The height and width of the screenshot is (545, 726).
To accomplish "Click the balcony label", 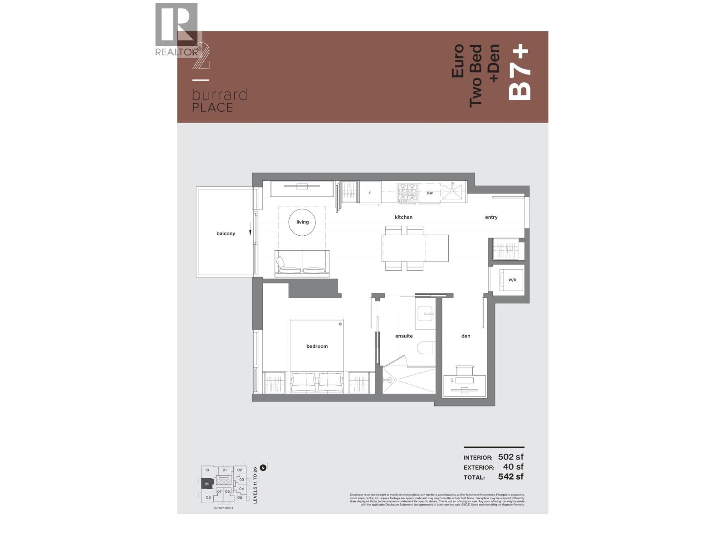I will (x=226, y=233).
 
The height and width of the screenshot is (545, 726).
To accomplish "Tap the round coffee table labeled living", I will (x=302, y=222).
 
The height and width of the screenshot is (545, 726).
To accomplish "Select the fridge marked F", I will (x=370, y=193).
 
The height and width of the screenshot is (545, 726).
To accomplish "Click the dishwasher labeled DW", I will (x=430, y=193).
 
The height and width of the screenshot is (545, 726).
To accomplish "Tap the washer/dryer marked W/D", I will (x=512, y=280).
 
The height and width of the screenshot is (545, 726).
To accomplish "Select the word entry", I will (x=491, y=217).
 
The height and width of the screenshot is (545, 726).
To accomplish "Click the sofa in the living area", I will (x=302, y=263).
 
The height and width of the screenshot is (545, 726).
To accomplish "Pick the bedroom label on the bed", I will (x=317, y=346).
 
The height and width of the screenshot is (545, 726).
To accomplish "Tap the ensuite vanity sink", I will (x=426, y=313).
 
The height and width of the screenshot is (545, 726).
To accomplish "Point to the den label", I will (x=466, y=336).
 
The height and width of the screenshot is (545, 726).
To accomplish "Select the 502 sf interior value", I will (x=510, y=457).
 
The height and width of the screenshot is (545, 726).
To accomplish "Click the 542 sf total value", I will (x=510, y=476).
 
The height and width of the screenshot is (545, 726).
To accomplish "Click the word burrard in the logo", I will (x=219, y=95).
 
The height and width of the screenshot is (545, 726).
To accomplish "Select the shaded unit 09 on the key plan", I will (x=207, y=484).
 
